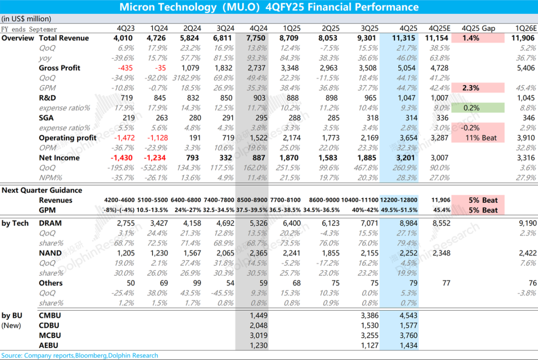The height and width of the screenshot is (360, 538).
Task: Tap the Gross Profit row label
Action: pos(59,68)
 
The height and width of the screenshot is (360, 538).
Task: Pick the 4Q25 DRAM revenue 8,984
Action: pos(407,224)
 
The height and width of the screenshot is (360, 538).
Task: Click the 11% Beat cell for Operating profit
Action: pos(478,138)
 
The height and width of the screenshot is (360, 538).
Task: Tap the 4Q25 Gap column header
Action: pos(478,28)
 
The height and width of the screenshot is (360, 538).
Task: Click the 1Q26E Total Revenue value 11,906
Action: pos(521,38)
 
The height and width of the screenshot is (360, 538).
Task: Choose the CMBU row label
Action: pos(50,315)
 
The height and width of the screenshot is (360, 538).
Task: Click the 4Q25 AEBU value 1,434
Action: pos(407,345)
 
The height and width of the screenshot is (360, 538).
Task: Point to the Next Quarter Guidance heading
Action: pos(42,190)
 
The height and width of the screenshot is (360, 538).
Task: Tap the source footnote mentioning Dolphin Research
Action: pos(80,356)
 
